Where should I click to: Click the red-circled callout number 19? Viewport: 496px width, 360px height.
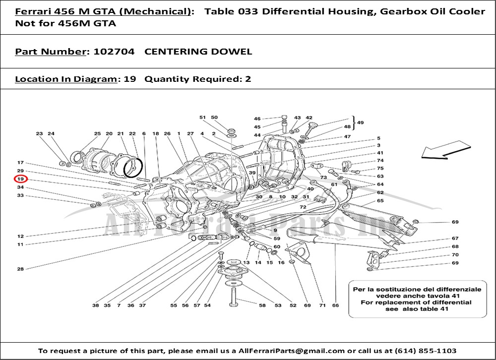[x=20, y=179]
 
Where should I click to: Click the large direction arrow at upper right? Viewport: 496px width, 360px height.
[x=446, y=151]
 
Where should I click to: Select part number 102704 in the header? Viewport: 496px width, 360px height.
[x=114, y=52]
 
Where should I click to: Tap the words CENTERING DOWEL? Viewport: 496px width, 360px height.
[x=198, y=52]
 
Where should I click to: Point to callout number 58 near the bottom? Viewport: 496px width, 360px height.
[x=262, y=305]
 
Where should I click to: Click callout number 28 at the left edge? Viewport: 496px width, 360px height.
[x=20, y=269]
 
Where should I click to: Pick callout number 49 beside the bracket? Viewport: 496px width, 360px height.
[x=360, y=122]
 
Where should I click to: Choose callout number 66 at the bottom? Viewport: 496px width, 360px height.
[x=335, y=305]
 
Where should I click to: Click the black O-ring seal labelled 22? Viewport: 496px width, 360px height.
[x=133, y=167]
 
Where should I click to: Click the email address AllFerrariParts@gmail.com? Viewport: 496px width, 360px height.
[x=291, y=351]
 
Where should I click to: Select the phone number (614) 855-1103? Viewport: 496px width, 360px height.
[x=426, y=351]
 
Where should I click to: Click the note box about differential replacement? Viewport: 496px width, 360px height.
[x=417, y=299]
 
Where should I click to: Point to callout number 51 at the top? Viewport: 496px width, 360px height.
[x=202, y=118]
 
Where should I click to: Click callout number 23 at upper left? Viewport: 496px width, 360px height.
[x=39, y=133]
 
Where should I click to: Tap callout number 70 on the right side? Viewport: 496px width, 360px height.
[x=455, y=255]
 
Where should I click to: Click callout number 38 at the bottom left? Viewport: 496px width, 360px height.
[x=96, y=305]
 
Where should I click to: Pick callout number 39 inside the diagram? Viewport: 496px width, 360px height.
[x=252, y=173]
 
